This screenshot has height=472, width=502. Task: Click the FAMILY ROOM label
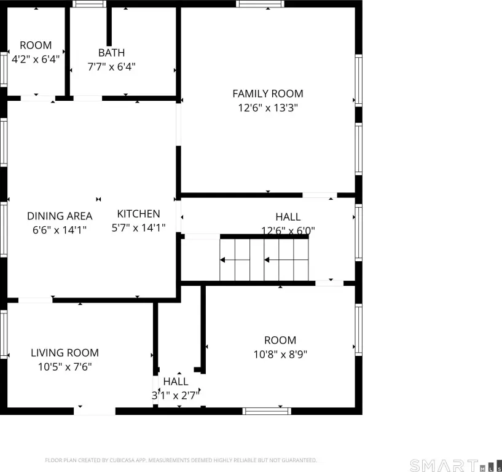pyautogui.click(x=268, y=93)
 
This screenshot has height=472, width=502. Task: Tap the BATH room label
pyautogui.click(x=111, y=52)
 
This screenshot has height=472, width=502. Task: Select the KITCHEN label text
pyautogui.click(x=138, y=214)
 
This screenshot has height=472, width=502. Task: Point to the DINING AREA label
pyautogui.click(x=60, y=216)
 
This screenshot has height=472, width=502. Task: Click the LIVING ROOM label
pyautogui.click(x=65, y=353)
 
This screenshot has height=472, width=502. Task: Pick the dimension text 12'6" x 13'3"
pyautogui.click(x=268, y=108)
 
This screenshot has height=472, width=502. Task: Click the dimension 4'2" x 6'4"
pyautogui.click(x=36, y=59)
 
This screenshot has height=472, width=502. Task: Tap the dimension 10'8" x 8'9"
pyautogui.click(x=280, y=355)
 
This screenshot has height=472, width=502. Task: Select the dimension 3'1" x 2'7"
pyautogui.click(x=176, y=395)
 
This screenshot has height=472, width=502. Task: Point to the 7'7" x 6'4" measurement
pyautogui.click(x=111, y=66)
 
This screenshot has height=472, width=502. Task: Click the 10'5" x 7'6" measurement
pyautogui.click(x=65, y=367)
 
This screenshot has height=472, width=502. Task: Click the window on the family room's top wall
pyautogui.click(x=260, y=4)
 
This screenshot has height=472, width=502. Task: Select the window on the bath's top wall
pyautogui.click(x=89, y=4)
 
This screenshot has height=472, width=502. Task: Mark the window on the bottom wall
pyautogui.click(x=267, y=411)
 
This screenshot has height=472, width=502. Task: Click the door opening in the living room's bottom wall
pyautogui.click(x=95, y=411)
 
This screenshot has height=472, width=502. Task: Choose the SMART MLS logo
pyautogui.click(x=455, y=465)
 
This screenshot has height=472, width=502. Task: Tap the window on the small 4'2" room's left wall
pyautogui.click(x=4, y=69)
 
